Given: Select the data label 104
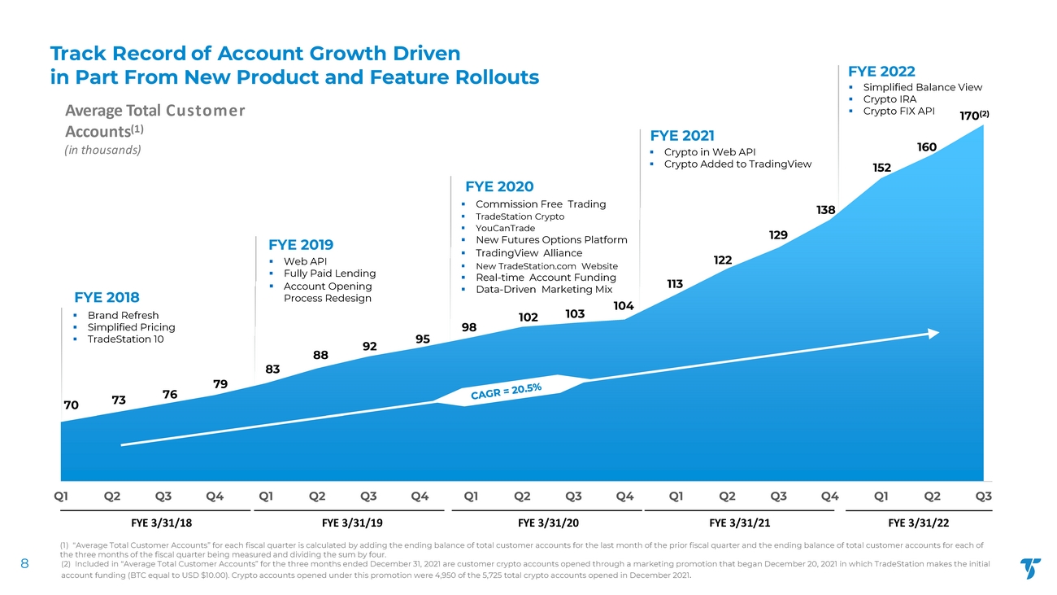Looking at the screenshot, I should tap(624, 305).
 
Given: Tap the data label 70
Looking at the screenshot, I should tap(71, 405).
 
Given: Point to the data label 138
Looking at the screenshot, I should tap(826, 210).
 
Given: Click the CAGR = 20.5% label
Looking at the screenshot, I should tap(507, 393).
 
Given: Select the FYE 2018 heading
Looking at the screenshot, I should tap(107, 297).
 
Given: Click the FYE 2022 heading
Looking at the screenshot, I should tap(881, 71).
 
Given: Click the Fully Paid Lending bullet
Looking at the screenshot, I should tap(329, 273).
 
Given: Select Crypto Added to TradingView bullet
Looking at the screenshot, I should tap(737, 164).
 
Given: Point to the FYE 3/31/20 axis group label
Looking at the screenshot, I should tap(548, 522).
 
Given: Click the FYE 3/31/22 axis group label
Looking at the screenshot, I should tap(919, 522).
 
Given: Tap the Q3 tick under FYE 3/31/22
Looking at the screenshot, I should tap(983, 495).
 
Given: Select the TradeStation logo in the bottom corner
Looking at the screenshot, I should tap(1030, 568).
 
